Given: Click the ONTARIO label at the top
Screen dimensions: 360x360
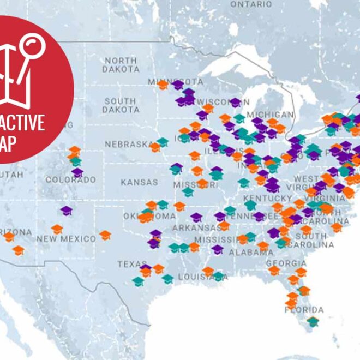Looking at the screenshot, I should point(251,4).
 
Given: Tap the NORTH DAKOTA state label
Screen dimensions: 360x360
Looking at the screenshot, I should point(121,65).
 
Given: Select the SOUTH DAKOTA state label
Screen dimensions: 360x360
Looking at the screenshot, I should point(121,106).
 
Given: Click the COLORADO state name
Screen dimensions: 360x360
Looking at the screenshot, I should point(71,179).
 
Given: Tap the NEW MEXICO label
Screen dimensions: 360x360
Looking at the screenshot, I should point(66,239).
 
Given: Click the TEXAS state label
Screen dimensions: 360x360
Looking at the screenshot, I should point(133,264).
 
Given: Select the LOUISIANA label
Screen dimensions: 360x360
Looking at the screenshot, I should point(203,277).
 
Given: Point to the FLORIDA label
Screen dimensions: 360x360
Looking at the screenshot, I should point(304,310).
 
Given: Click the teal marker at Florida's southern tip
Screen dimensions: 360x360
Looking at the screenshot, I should point(313,321).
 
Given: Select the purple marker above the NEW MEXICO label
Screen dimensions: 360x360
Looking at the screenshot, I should point(66,210).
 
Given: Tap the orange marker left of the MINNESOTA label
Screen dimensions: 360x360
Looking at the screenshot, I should point(163,85).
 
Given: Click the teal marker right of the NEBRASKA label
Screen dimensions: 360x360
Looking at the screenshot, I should point(163,142).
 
